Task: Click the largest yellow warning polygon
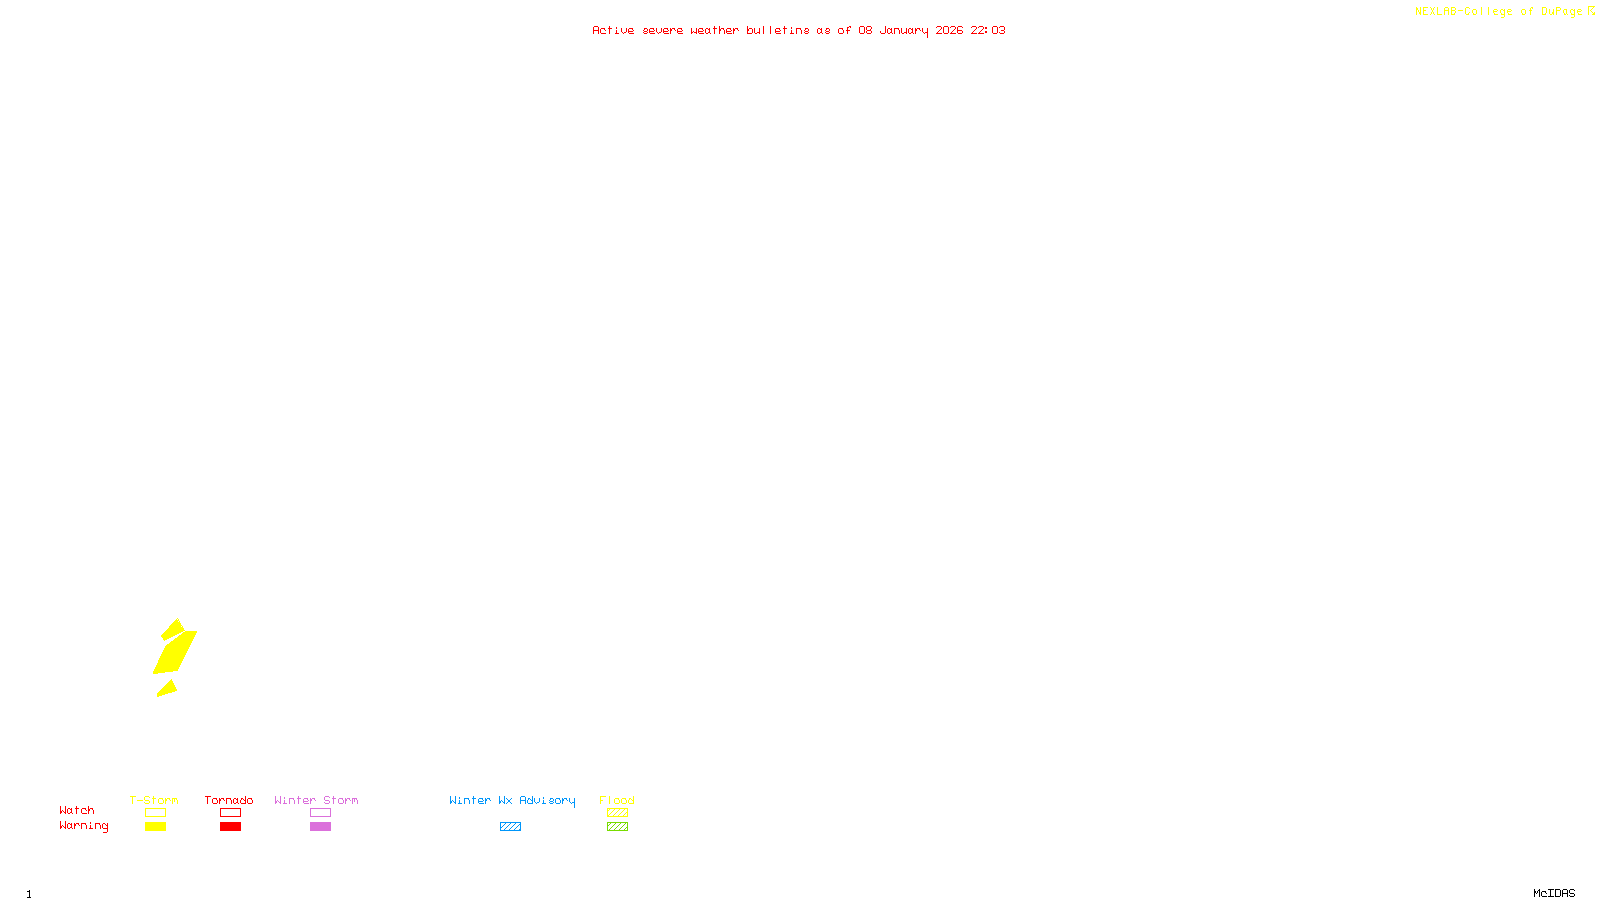pos(175,652)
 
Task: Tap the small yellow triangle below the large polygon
pos(168,688)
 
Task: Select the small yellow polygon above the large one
pos(173,629)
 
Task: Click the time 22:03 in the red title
pos(988,30)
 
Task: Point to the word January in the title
pos(904,30)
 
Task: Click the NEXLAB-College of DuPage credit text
pos(1499,11)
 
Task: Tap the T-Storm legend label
pos(154,800)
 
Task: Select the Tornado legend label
pos(229,800)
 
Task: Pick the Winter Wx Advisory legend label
pos(512,800)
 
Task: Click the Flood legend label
pos(617,800)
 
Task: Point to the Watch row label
pos(77,810)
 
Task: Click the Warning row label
pos(83,826)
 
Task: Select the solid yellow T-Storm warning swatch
pos(155,827)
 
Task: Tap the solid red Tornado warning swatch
pos(230,827)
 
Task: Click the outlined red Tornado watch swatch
pos(230,813)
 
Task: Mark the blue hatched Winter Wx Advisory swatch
pos(510,827)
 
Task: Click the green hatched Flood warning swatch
pos(617,827)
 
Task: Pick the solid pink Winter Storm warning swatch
pos(320,827)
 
